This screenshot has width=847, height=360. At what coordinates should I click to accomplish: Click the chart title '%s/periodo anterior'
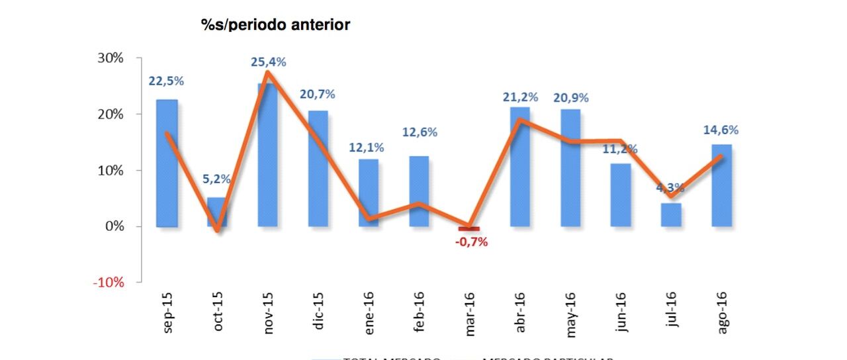click(x=275, y=25)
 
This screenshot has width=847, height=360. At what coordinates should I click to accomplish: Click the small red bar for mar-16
click(x=469, y=229)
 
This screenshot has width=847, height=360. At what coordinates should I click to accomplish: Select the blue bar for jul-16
click(x=671, y=214)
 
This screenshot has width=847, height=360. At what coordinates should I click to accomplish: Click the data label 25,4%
click(x=268, y=62)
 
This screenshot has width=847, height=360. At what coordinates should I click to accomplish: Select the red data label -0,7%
click(x=470, y=242)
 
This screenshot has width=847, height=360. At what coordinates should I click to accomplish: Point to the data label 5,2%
click(x=217, y=179)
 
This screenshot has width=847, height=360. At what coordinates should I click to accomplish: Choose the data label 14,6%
click(x=721, y=130)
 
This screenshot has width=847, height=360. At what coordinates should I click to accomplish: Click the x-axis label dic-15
click(x=320, y=312)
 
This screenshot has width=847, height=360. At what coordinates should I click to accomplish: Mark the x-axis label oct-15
click(x=218, y=312)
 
